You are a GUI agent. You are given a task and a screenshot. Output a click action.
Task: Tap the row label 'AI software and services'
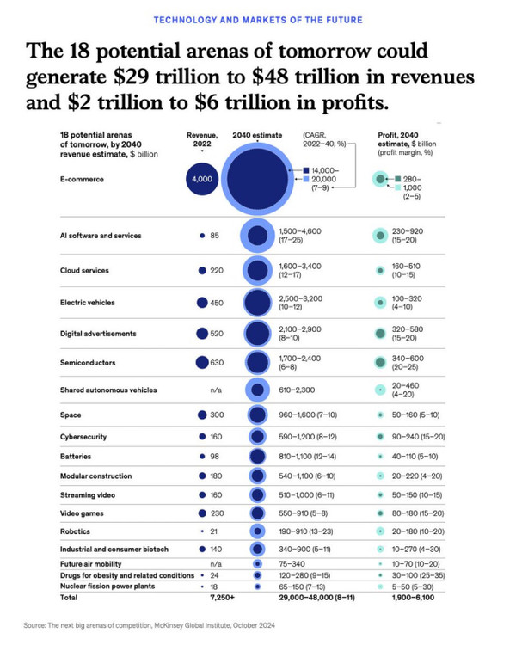click(x=101, y=235)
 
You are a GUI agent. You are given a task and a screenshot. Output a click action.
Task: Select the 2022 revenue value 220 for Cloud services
click(x=217, y=270)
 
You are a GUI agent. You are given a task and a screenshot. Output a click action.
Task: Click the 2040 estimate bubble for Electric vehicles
click(x=256, y=303)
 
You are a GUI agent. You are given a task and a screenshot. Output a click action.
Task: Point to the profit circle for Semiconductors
click(x=379, y=363)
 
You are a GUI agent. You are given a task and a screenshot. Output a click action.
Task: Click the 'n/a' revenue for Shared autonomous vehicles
click(x=217, y=390)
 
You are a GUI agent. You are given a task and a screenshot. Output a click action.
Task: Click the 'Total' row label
click(x=69, y=596)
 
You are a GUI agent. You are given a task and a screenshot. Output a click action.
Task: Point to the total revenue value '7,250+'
click(x=209, y=596)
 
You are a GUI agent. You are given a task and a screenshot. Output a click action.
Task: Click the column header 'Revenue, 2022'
click(x=203, y=138)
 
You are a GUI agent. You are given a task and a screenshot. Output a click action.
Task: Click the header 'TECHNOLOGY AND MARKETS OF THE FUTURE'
click(x=257, y=19)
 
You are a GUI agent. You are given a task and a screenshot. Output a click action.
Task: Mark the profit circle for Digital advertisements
click(x=379, y=333)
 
